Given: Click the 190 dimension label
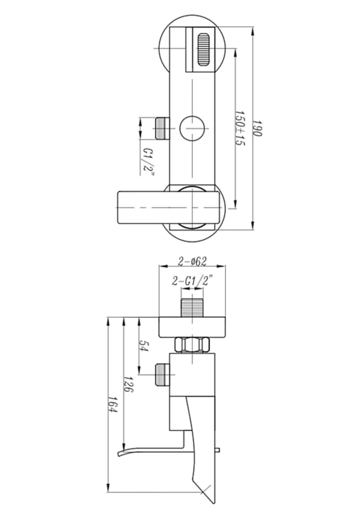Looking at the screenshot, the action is pos(257,128).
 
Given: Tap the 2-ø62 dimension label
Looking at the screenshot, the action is pos(192,261).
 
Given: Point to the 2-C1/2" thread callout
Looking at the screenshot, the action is pos(192,281).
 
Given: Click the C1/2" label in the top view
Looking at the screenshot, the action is pos(148,162).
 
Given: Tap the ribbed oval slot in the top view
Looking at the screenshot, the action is pos(203,50).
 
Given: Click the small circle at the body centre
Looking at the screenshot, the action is pos(192,128).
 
